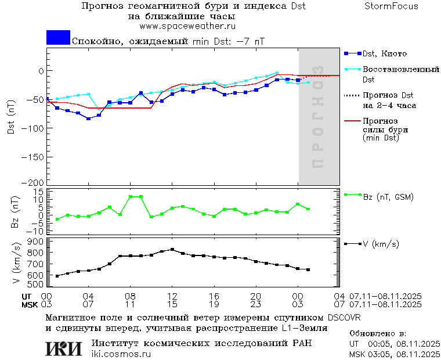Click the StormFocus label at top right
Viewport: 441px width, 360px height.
391,6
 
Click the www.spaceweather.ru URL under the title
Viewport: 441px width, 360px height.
187,26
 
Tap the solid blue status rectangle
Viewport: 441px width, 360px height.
58,38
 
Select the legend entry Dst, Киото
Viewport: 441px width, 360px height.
383,53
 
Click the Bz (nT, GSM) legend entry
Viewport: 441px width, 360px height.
388,197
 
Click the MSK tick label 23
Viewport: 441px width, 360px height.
256,304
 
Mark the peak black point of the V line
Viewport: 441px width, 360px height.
172,250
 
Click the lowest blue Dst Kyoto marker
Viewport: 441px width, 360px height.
88,118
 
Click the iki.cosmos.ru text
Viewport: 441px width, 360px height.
121,354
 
